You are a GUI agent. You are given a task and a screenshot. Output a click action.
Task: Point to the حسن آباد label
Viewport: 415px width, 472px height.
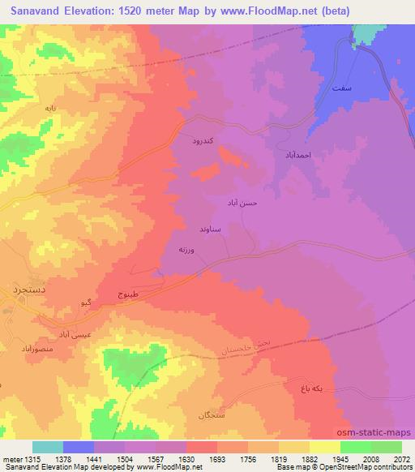[242, 204]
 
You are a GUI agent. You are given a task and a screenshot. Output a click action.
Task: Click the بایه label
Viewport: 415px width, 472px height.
[50, 107]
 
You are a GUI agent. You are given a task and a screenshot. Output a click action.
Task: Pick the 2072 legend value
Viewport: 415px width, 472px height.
[402, 459]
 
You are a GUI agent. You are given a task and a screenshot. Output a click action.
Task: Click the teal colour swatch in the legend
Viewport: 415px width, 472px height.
[48, 447]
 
